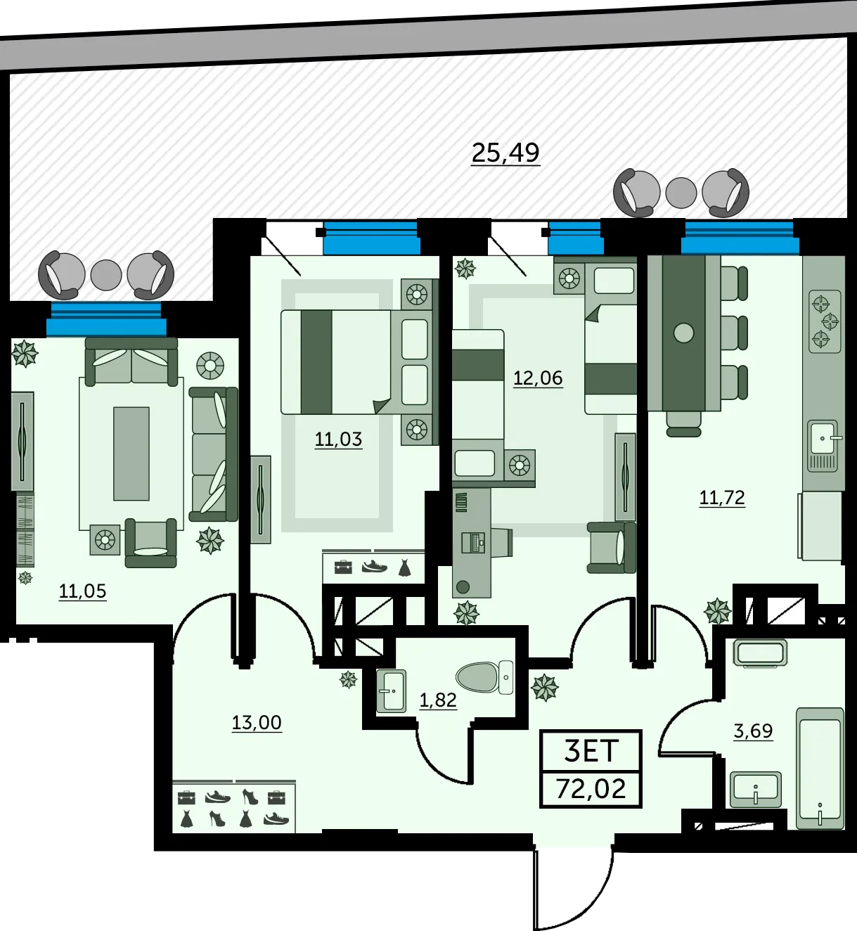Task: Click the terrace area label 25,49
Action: pos(505,153)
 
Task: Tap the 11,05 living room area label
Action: pos(82,591)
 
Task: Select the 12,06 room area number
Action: pos(538,378)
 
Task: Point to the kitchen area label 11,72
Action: pos(722,498)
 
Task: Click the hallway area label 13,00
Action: pos(257,723)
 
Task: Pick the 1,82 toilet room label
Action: pos(438,700)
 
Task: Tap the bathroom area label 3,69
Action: pos(753,731)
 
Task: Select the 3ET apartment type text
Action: pos(591,750)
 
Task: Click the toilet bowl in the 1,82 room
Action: pos(484,678)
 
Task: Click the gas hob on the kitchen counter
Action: pos(825,321)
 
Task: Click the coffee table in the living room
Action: pos(131,454)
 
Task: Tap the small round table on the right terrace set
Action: pos(681,193)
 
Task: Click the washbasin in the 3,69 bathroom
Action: pos(755,790)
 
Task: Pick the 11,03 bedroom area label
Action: pos(338,439)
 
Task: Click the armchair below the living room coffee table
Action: pos(150,543)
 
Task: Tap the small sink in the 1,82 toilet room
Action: pos(391,691)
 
